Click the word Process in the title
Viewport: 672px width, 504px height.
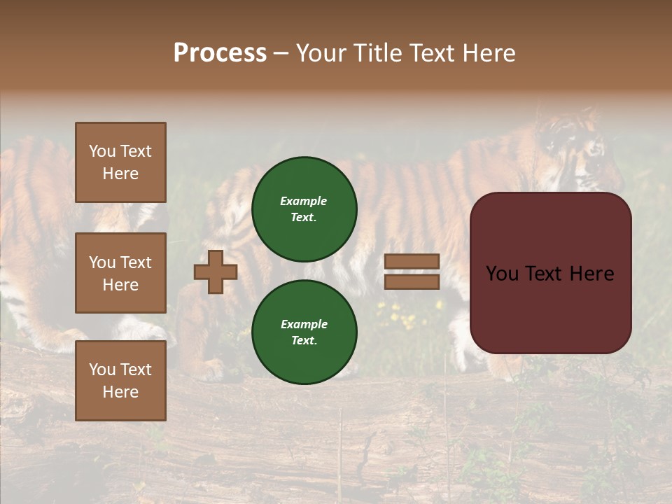click(220, 53)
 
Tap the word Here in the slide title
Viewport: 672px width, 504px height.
click(488, 53)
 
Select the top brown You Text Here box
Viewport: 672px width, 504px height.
click(120, 162)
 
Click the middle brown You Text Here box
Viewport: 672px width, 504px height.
click(120, 273)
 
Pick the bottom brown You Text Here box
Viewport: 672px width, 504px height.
click(120, 381)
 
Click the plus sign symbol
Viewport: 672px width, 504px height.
click(216, 272)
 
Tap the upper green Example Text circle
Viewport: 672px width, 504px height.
click(304, 209)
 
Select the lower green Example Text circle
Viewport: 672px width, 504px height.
click(304, 332)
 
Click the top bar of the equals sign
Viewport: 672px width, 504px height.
click(412, 262)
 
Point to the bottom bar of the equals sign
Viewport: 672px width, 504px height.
click(412, 281)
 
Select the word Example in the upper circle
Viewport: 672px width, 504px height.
click(303, 201)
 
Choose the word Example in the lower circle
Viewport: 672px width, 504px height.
click(304, 324)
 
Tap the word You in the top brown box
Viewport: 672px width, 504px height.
click(102, 151)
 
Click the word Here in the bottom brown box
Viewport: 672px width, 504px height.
click(120, 392)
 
